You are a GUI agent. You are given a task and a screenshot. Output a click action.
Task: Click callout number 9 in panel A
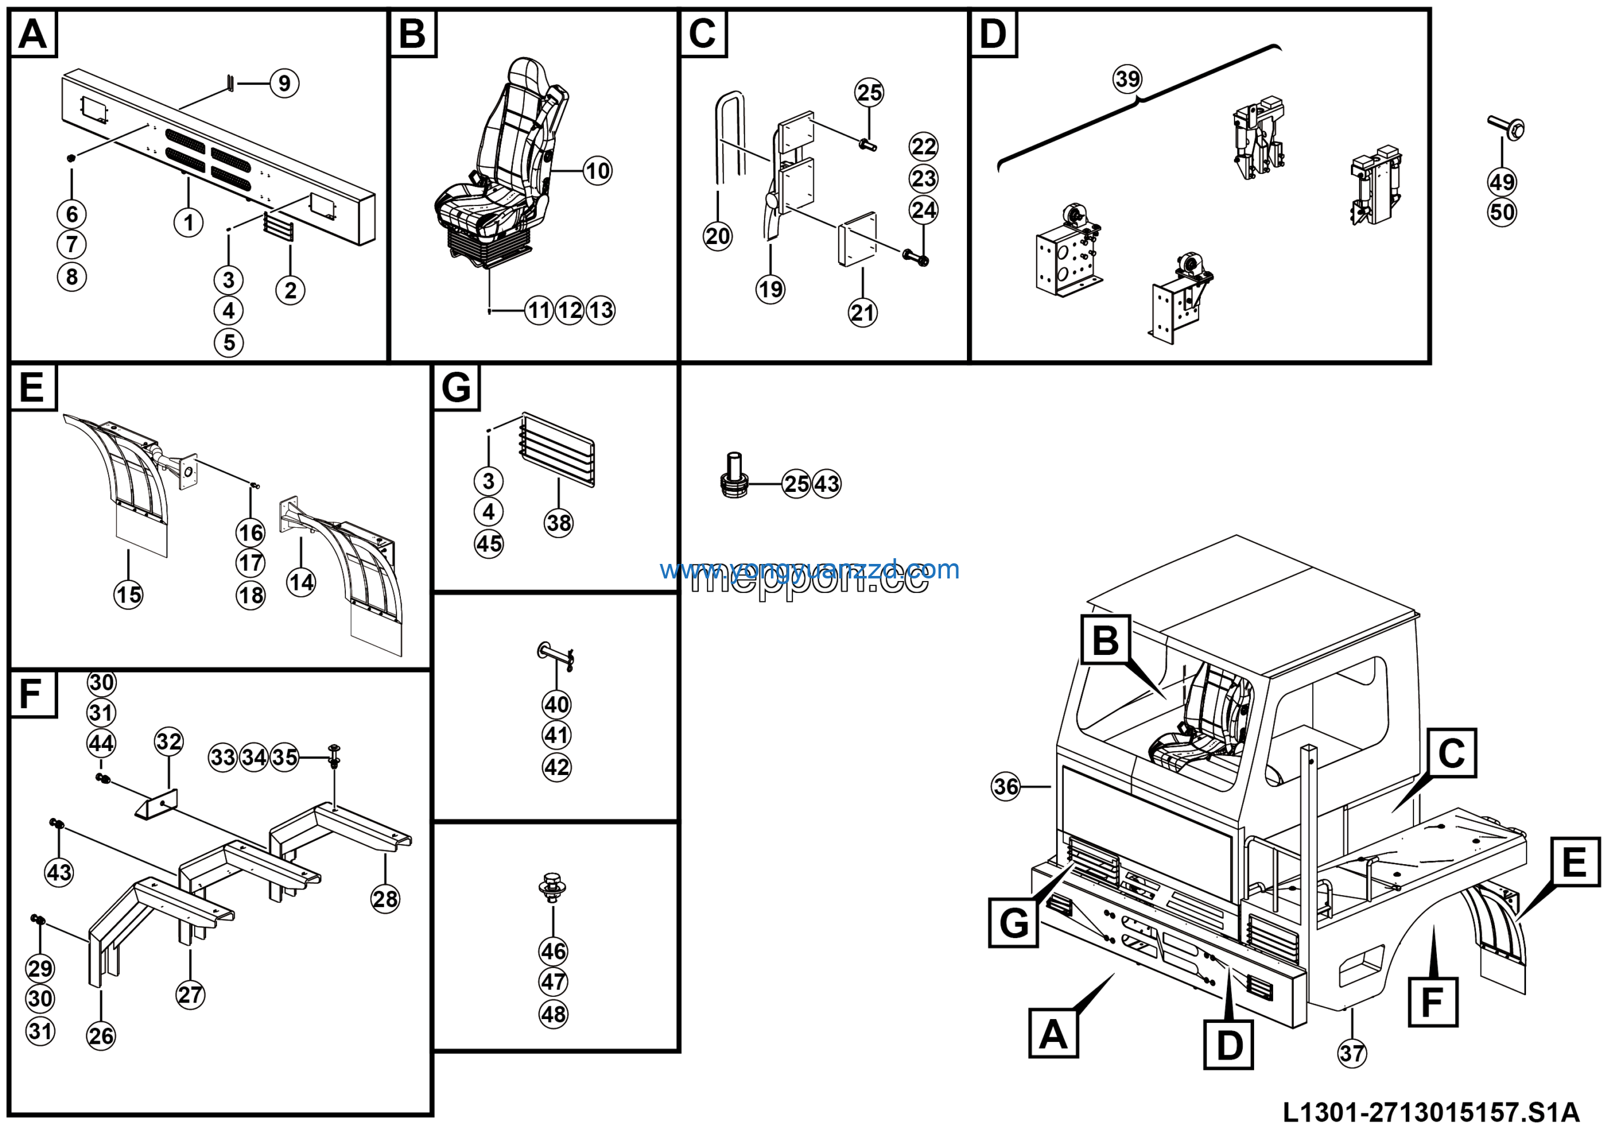tap(284, 83)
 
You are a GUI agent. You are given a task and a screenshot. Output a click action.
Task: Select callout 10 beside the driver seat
tap(598, 171)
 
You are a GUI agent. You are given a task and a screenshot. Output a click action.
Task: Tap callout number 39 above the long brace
tap(1128, 78)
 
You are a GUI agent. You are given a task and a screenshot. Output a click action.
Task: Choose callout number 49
tap(1502, 182)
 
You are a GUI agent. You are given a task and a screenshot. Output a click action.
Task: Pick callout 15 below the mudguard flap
tap(128, 595)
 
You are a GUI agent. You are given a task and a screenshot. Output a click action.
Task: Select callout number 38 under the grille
tap(559, 523)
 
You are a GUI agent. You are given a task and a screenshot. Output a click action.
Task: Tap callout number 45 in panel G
tap(489, 544)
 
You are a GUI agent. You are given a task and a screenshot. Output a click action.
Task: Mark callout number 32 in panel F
tap(168, 742)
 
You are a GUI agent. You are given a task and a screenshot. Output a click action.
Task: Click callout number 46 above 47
tap(553, 951)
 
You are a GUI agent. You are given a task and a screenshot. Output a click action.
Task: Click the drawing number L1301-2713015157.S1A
tap(1431, 1113)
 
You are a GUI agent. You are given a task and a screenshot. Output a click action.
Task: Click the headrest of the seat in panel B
tap(529, 71)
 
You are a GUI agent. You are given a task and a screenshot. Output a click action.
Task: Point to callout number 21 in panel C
tap(863, 313)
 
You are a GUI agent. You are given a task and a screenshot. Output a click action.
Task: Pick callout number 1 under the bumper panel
tap(188, 223)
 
